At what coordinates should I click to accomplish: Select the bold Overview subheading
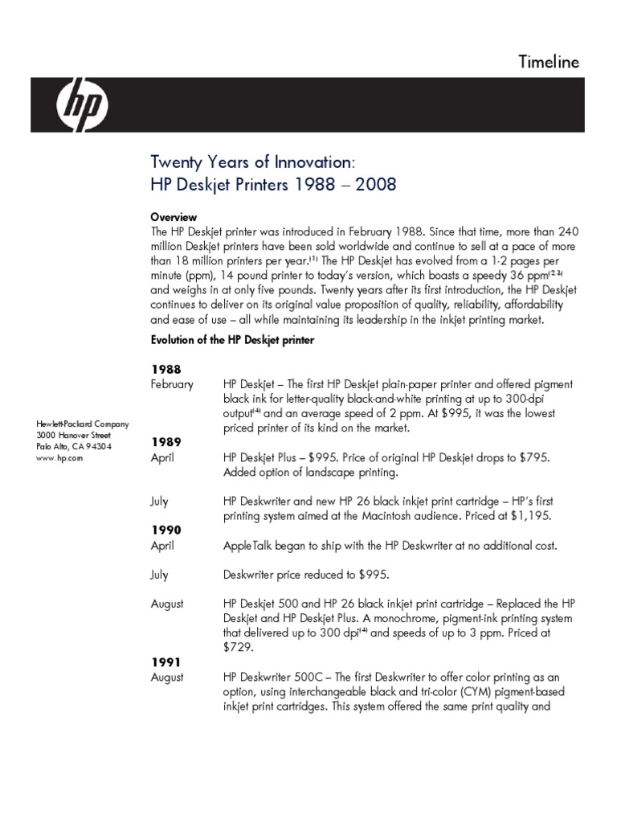point(174,217)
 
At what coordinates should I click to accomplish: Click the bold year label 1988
point(166,368)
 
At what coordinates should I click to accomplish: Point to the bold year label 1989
point(166,442)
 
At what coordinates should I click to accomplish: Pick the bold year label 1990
point(166,530)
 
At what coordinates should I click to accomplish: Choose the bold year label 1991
point(166,662)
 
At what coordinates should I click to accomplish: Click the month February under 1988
point(173,384)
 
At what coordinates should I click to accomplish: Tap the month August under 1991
point(167,678)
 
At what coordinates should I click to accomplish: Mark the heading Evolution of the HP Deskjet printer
point(232,341)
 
